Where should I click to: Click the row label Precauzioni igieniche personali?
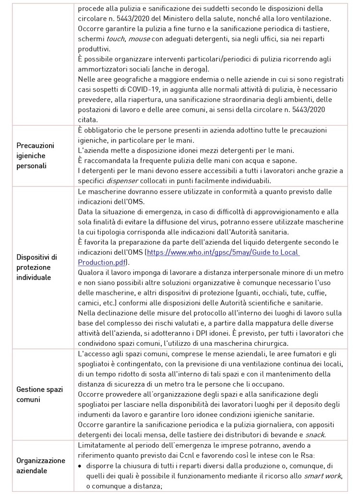pos(36,155)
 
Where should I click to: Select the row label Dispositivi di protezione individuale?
pos(36,267)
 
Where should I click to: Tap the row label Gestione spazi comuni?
pos(39,394)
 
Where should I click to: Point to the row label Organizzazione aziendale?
pos(40,465)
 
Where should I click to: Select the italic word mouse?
pos(139,38)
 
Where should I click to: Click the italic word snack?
pos(315,435)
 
